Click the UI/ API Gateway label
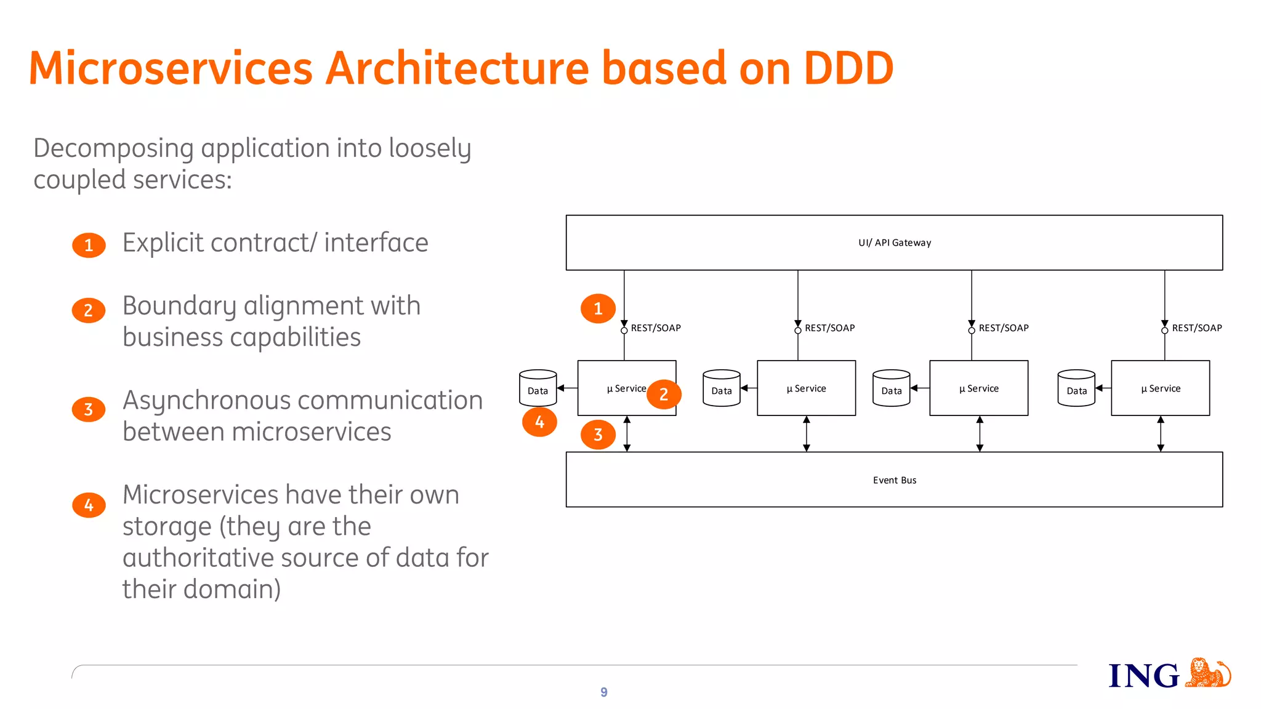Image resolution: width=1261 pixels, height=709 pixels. point(894,242)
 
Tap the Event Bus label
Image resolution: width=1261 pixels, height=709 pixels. point(894,480)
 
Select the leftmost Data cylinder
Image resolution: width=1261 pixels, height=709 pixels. point(538,388)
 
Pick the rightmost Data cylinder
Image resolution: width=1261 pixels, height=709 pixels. point(1076,388)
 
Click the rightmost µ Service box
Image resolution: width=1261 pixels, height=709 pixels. point(1160,388)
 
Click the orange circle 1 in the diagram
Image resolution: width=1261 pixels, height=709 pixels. point(598,308)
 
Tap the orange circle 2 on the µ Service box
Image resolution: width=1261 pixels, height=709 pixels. point(663,394)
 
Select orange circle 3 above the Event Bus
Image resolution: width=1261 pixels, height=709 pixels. point(598,435)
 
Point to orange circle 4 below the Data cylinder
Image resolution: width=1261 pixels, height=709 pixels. point(539,422)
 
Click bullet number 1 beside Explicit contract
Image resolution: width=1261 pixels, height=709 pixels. point(89,245)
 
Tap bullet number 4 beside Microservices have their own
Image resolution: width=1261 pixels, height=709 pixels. point(89,505)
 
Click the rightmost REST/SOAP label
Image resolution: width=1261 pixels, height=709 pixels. point(1196,328)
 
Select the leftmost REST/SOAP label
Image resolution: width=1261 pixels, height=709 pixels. point(655,328)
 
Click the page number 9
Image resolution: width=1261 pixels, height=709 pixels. point(603,692)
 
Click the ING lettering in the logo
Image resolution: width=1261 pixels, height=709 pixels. point(1143,676)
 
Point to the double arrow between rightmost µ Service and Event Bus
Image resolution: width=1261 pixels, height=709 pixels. point(1160,434)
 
